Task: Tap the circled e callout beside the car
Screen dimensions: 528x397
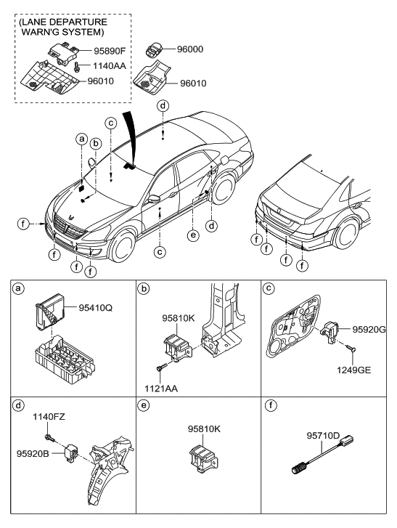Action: coord(192,236)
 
